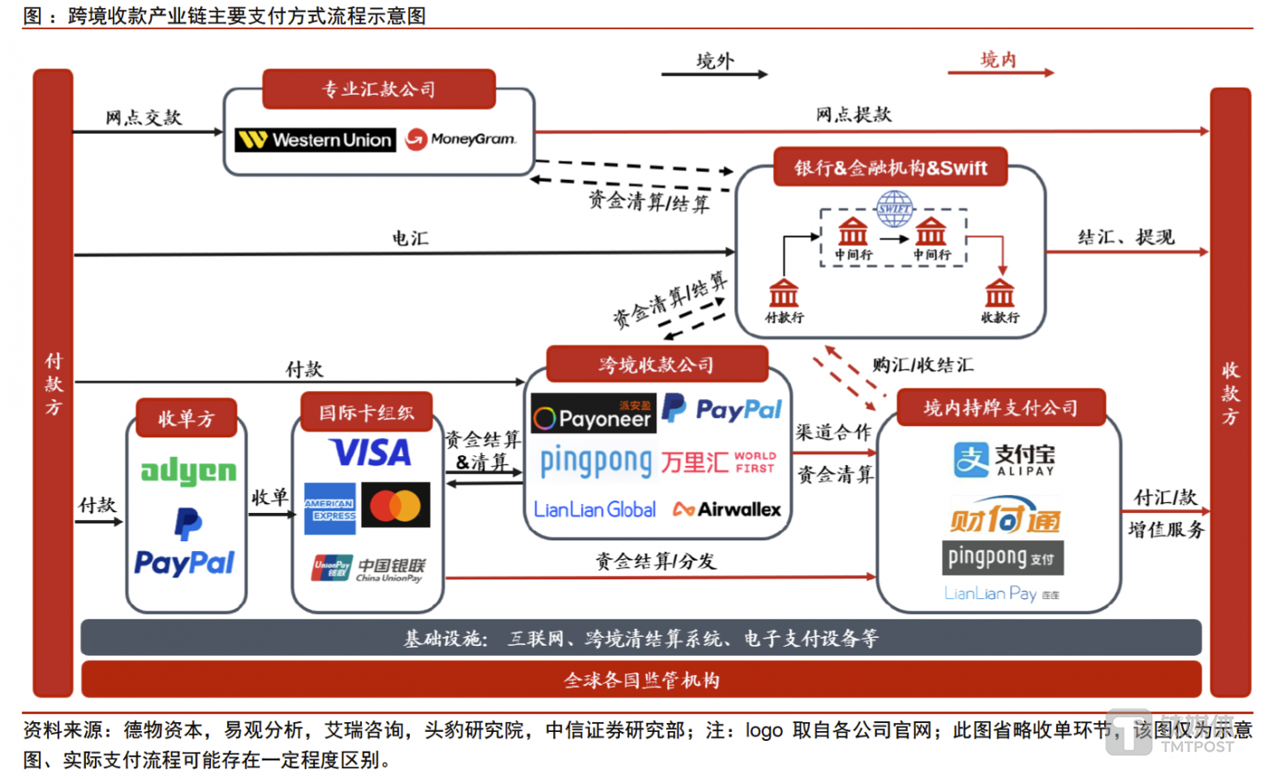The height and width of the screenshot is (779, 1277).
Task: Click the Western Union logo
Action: click(316, 139)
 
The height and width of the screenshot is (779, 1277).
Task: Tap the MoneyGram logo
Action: click(460, 139)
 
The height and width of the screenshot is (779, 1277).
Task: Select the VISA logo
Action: click(371, 452)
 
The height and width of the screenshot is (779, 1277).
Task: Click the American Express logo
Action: click(330, 508)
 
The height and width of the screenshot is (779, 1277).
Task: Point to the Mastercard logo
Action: click(396, 506)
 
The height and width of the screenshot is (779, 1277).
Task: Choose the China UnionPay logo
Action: click(368, 569)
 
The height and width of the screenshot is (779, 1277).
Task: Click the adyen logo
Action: click(188, 471)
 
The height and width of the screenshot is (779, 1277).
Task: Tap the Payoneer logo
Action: click(593, 414)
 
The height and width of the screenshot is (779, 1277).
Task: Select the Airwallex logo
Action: click(727, 509)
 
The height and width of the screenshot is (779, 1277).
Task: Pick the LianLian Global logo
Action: click(595, 509)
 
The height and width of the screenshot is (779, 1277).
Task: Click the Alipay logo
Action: click(1004, 460)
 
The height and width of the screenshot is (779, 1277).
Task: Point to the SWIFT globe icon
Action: click(894, 209)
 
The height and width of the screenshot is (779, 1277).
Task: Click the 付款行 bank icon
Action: click(783, 293)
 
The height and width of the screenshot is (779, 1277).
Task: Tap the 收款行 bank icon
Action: click(999, 293)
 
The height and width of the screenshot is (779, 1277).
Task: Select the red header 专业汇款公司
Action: click(379, 89)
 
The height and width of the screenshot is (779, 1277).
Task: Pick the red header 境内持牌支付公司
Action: click(1001, 408)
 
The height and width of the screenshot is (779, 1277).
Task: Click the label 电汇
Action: click(411, 238)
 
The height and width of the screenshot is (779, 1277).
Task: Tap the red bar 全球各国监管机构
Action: click(641, 680)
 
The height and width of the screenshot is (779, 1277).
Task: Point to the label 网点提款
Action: click(853, 114)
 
